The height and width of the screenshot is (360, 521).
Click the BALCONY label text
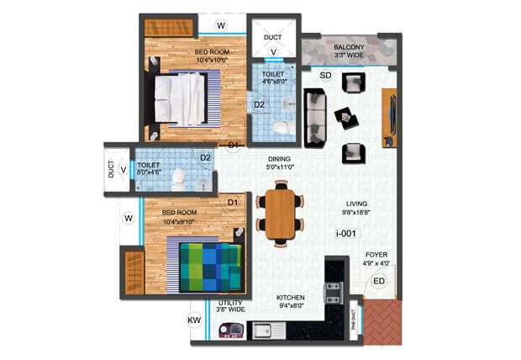(x=348, y=48)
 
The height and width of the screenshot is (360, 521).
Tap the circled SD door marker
(x=326, y=77)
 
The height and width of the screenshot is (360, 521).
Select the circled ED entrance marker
(x=379, y=281)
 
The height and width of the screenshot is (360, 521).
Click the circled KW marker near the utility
(x=192, y=320)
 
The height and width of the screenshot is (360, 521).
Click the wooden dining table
(x=280, y=214)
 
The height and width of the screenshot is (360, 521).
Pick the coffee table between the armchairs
(x=345, y=117)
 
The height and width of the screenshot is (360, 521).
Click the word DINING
(x=280, y=159)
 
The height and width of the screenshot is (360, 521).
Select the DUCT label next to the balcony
(x=273, y=38)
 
